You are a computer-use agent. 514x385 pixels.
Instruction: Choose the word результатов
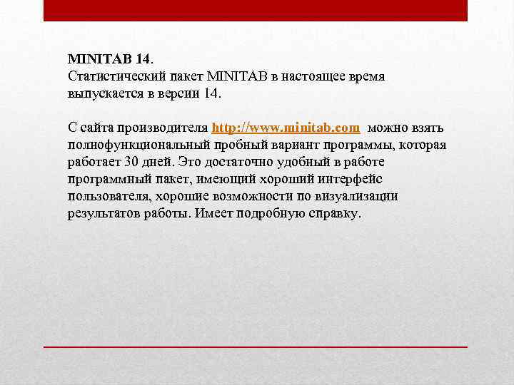click(100, 214)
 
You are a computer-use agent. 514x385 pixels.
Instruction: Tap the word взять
click(428, 128)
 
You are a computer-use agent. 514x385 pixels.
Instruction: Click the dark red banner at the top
click(256, 10)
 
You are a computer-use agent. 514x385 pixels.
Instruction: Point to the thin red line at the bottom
click(256, 346)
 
